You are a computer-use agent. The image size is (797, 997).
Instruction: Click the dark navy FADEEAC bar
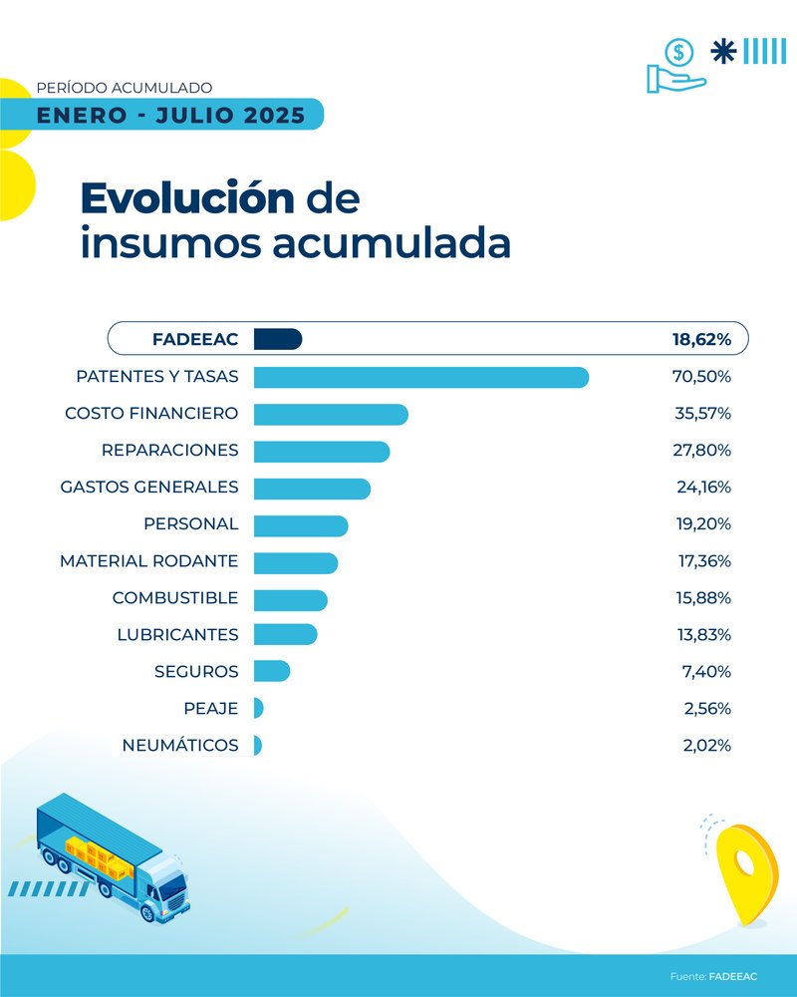click(277, 340)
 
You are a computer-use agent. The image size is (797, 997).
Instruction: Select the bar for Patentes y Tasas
click(420, 378)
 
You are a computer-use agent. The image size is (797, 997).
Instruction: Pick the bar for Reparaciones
click(321, 452)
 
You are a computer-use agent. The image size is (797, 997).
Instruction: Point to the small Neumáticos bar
click(258, 745)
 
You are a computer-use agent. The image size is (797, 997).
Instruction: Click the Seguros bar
click(271, 671)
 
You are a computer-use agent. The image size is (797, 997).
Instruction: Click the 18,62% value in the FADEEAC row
click(701, 340)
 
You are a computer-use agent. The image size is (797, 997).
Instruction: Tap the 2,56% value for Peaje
click(706, 708)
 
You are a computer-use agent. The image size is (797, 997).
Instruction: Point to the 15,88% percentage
click(702, 598)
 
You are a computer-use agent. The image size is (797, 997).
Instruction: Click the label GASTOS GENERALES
click(149, 488)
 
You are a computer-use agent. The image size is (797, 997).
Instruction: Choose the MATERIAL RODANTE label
click(149, 561)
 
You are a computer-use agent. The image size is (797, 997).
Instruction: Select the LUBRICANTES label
click(177, 635)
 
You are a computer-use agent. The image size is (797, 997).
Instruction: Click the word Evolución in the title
click(187, 198)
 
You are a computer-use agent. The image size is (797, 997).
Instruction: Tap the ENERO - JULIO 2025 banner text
click(170, 116)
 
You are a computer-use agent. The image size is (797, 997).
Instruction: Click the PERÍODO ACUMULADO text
click(124, 89)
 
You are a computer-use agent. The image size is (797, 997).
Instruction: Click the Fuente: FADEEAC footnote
click(712, 975)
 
